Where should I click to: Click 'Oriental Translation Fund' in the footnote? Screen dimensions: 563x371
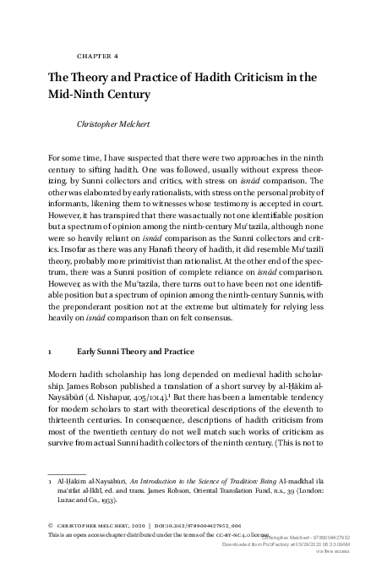click(x=215, y=491)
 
